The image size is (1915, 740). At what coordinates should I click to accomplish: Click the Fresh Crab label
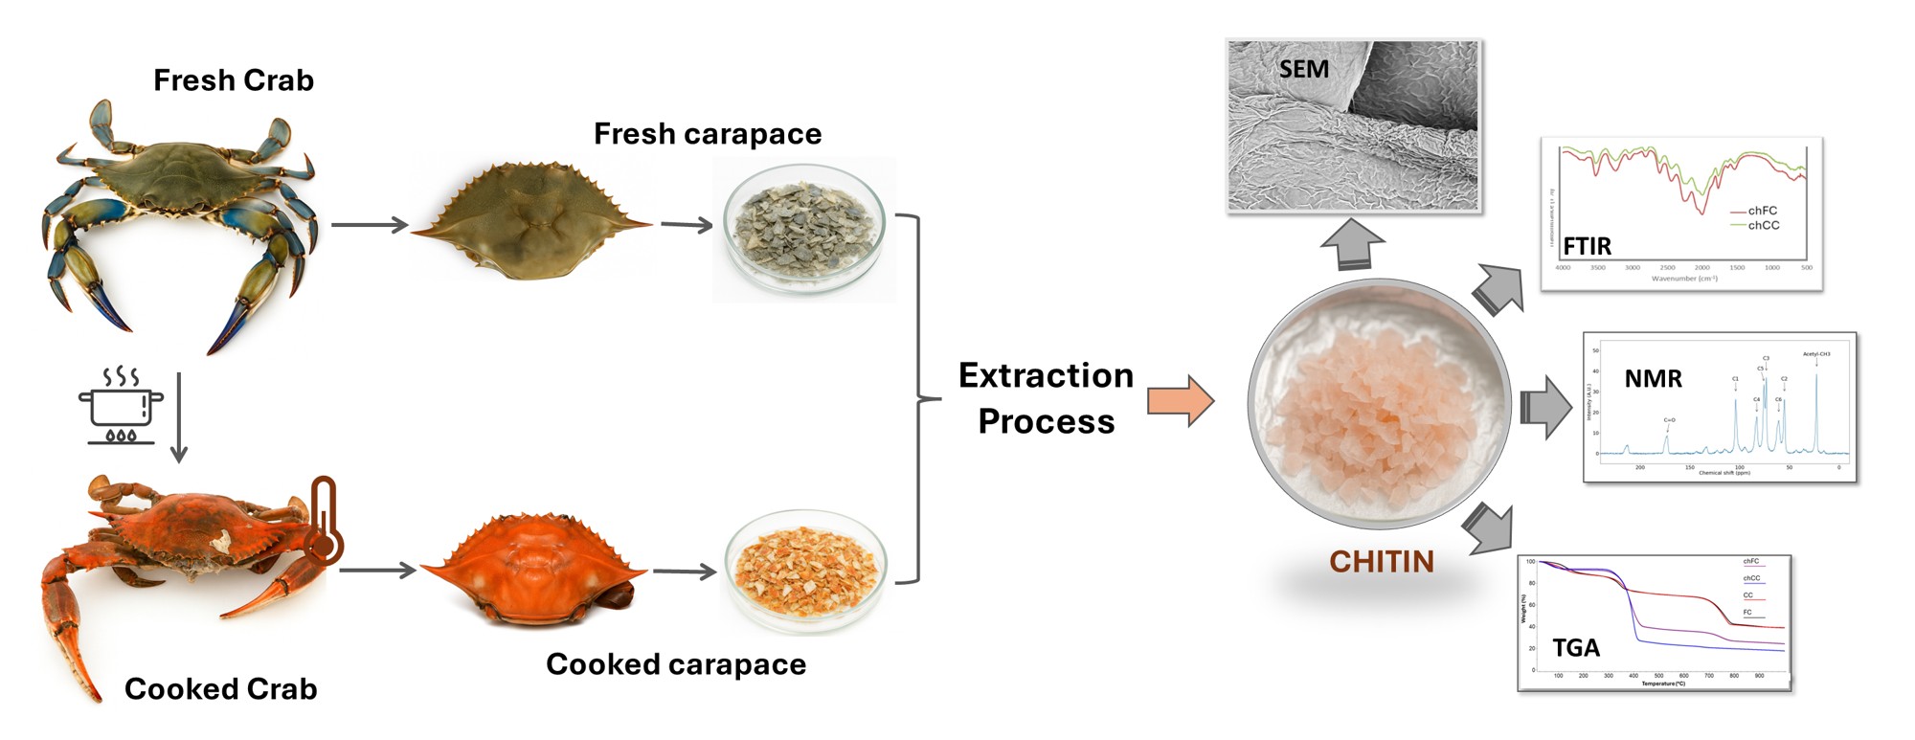[x=234, y=80]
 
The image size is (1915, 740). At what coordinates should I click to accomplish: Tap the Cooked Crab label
[x=220, y=688]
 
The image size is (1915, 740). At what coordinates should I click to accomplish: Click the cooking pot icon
[x=121, y=406]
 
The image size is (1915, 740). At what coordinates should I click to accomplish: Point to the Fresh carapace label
[x=708, y=134]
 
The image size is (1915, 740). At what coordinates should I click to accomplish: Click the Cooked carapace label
[x=676, y=664]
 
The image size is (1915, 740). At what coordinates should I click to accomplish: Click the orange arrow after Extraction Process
[x=1181, y=401]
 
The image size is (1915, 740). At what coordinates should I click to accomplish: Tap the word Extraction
[x=1046, y=375]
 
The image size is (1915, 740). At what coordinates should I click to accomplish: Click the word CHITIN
[x=1381, y=562]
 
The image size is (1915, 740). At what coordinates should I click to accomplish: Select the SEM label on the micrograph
[x=1303, y=70]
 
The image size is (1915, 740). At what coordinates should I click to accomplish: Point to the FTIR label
[x=1588, y=247]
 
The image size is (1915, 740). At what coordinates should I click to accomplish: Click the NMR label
[x=1653, y=379]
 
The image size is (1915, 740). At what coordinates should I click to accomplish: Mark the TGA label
[x=1576, y=648]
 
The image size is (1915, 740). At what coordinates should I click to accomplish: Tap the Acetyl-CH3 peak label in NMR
[x=1815, y=354]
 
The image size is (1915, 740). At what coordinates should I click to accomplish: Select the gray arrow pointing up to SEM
[x=1352, y=244]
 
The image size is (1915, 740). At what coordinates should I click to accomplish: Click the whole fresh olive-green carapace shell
[x=531, y=222]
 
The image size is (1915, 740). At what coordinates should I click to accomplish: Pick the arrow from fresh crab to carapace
[x=370, y=225]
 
